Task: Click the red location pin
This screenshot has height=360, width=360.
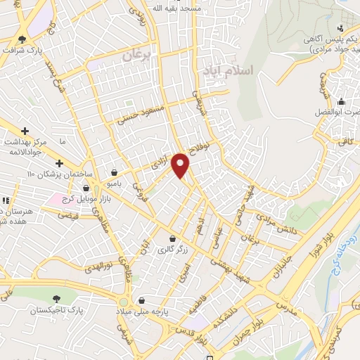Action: [x=181, y=165]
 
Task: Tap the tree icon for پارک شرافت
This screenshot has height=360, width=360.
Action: [x=22, y=39]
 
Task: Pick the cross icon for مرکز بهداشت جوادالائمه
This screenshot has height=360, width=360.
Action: [x=26, y=131]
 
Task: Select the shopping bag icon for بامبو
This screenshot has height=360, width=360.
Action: [x=114, y=172]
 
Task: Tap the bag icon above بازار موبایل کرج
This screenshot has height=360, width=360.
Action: [x=86, y=188]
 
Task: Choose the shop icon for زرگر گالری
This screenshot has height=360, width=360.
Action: [x=172, y=238]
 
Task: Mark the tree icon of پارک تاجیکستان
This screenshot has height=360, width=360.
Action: [x=57, y=299]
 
